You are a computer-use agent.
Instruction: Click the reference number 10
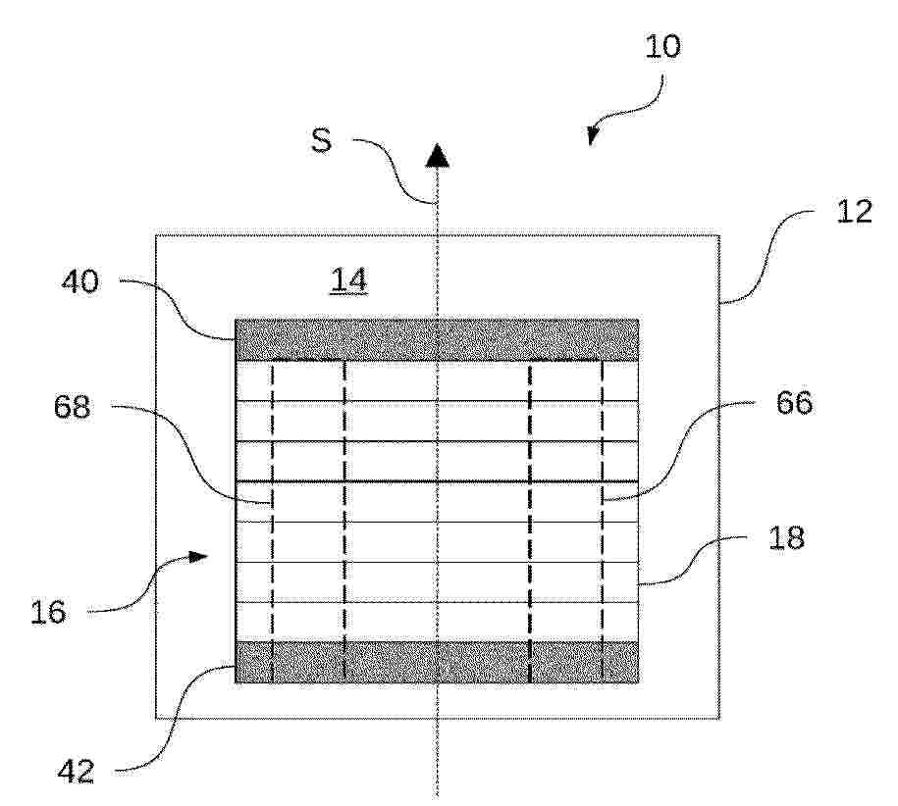tap(662, 46)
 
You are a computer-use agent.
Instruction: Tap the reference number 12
tap(854, 212)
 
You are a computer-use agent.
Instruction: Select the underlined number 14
tap(348, 280)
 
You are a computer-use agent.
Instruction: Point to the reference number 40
tap(80, 282)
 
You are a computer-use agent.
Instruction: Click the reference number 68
tap(73, 407)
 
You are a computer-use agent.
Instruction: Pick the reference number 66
tap(794, 403)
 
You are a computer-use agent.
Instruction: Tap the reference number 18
tap(786, 537)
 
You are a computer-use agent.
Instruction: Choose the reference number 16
tap(48, 612)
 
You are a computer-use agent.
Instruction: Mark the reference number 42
tap(76, 773)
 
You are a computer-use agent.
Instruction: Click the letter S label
tap(321, 140)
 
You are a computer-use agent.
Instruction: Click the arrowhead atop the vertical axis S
tap(437, 155)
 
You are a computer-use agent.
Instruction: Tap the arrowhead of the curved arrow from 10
tap(593, 134)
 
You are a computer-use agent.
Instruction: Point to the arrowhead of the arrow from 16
tap(197, 556)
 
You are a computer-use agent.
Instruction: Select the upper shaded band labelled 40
tap(437, 340)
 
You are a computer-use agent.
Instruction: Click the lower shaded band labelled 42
tap(437, 662)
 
